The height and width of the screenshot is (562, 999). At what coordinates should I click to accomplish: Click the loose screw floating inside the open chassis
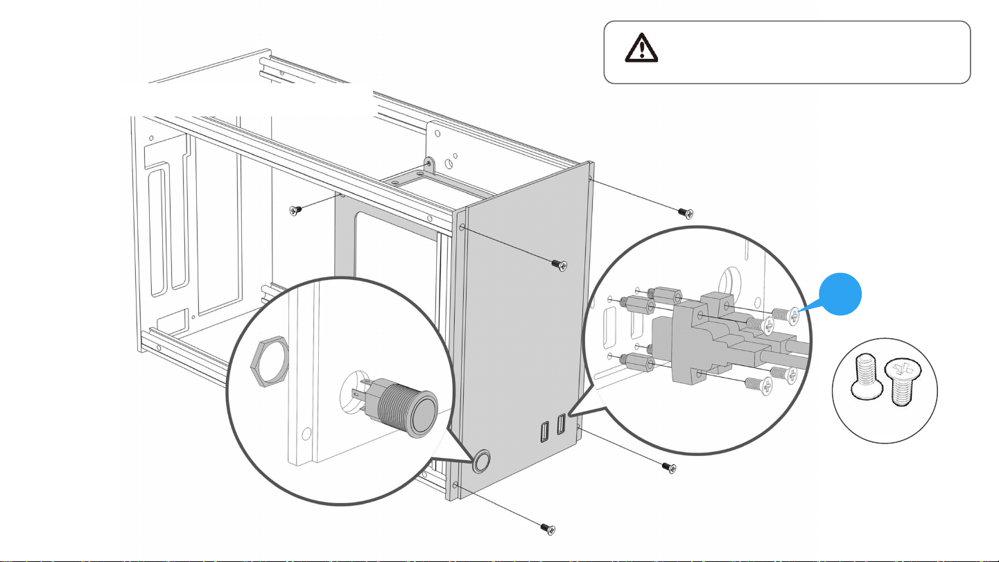click(x=297, y=209)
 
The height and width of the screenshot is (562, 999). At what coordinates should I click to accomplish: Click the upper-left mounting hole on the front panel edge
click(x=462, y=227)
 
